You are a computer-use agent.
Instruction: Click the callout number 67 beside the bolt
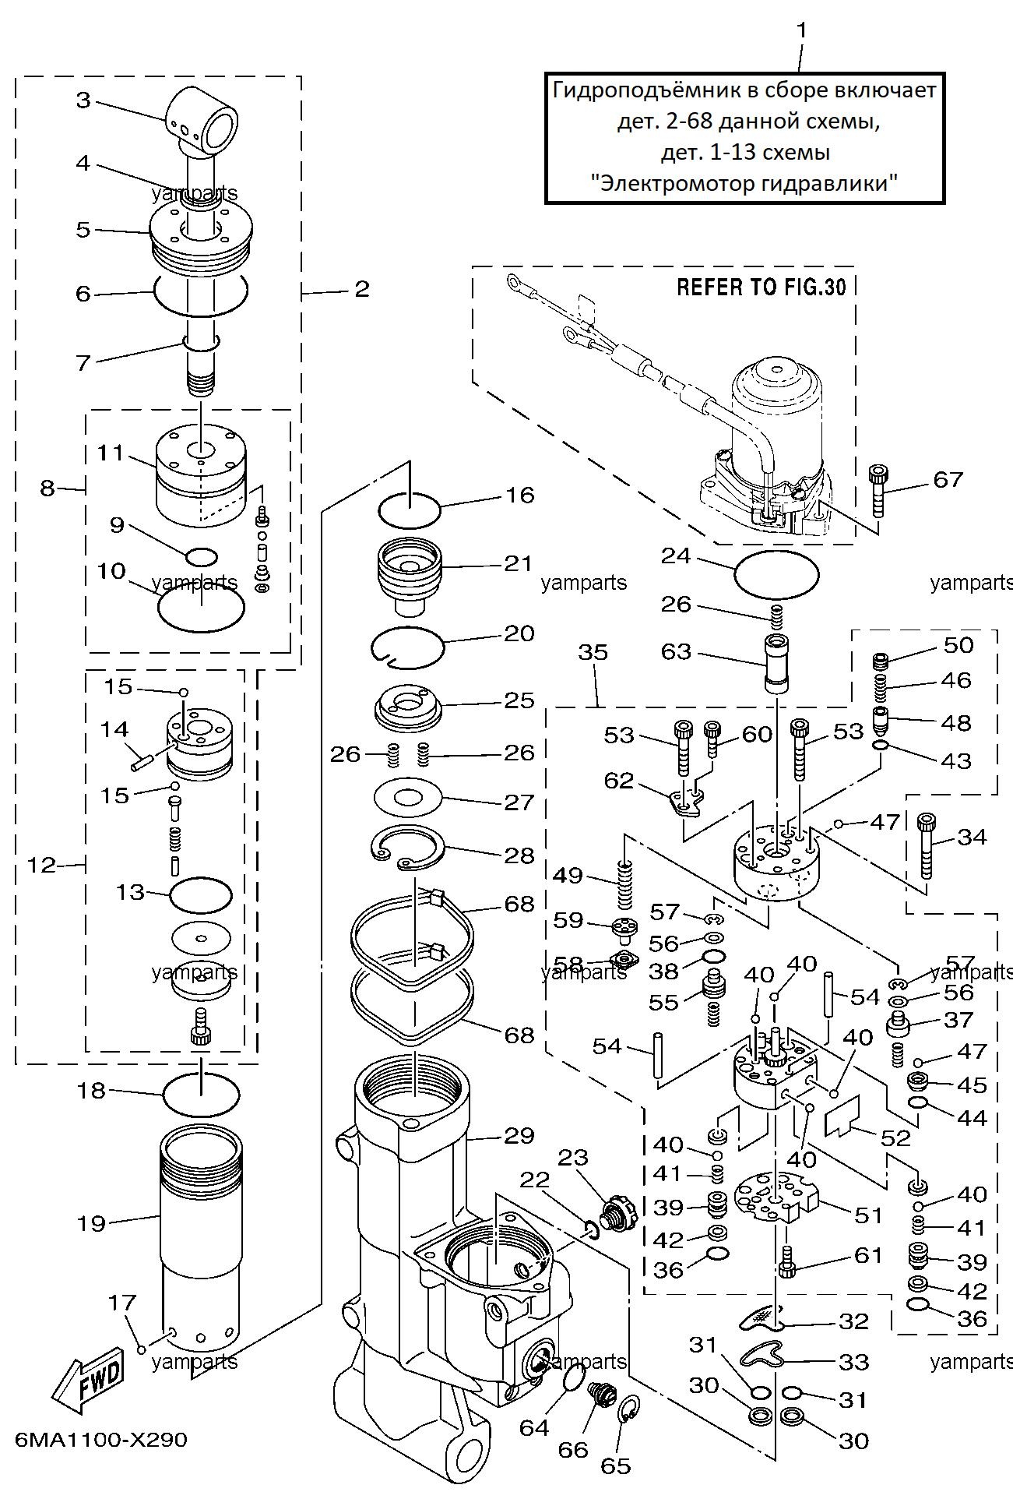click(x=948, y=480)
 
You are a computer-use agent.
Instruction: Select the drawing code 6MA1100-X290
click(x=101, y=1440)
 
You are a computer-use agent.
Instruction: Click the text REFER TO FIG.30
click(x=761, y=287)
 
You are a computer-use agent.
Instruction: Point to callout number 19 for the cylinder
click(x=90, y=1223)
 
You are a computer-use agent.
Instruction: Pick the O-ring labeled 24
click(x=776, y=575)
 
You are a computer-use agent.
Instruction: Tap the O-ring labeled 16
click(x=409, y=510)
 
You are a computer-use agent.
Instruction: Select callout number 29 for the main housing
click(x=519, y=1136)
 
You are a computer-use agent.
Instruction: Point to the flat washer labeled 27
click(x=408, y=798)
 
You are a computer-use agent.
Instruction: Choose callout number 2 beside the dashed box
click(x=361, y=289)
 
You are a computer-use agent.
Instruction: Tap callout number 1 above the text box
click(x=801, y=30)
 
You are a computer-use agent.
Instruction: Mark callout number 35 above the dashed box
click(x=593, y=652)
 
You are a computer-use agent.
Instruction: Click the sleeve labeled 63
click(x=776, y=664)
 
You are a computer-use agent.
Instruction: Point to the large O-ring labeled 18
click(x=201, y=1094)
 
